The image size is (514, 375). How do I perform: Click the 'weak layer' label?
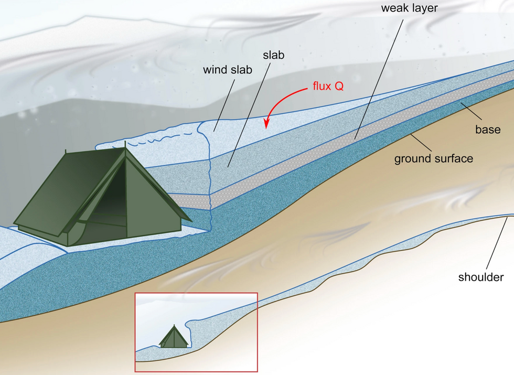[409, 8]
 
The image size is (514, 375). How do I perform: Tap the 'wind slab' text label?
[228, 69]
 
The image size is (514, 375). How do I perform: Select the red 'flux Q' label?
[328, 86]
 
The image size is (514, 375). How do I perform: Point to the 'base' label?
[488, 130]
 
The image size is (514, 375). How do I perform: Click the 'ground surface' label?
[433, 158]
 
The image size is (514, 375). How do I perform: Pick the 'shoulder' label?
[481, 277]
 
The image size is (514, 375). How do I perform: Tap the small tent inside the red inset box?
[174, 337]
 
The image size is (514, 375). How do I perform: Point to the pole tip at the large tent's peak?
[125, 143]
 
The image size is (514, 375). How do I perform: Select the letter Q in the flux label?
[339, 86]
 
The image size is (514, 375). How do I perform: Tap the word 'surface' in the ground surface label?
[454, 158]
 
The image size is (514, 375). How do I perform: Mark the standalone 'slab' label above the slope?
[273, 55]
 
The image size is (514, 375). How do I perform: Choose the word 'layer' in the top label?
[423, 8]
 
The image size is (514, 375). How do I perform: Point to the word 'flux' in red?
[322, 86]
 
